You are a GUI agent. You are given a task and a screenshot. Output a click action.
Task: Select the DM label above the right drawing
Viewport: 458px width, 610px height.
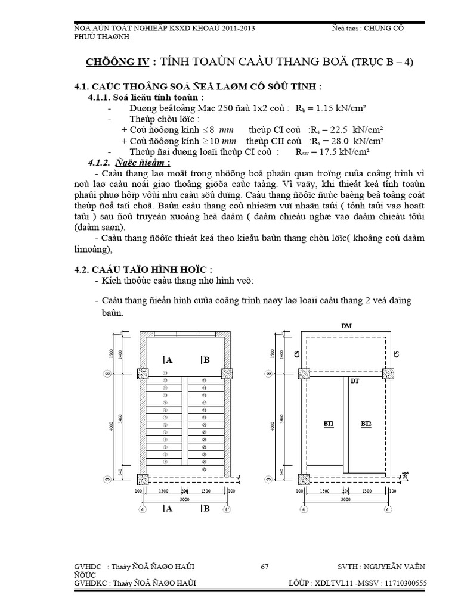[346, 326]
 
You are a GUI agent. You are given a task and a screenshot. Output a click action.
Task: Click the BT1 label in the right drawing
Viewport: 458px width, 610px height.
[329, 424]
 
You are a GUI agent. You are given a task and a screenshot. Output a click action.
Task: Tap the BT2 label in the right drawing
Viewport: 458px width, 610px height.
[366, 424]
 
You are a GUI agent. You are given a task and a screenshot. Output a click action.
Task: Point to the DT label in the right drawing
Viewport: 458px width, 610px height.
[354, 381]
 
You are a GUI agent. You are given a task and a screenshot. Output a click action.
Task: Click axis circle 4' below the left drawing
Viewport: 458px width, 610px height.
[226, 510]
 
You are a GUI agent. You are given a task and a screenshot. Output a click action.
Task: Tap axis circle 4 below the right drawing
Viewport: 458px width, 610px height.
[304, 510]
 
